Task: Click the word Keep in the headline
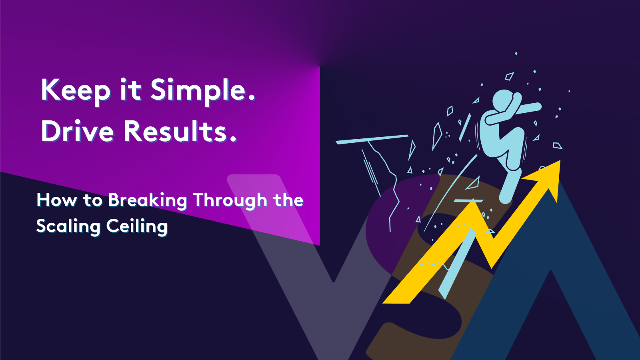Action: pyautogui.click(x=76, y=90)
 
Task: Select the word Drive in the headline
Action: pyautogui.click(x=78, y=131)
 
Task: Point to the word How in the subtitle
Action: pyautogui.click(x=56, y=200)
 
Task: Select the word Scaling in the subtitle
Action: pyautogui.click(x=68, y=226)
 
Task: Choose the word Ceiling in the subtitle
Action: pyautogui.click(x=137, y=226)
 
